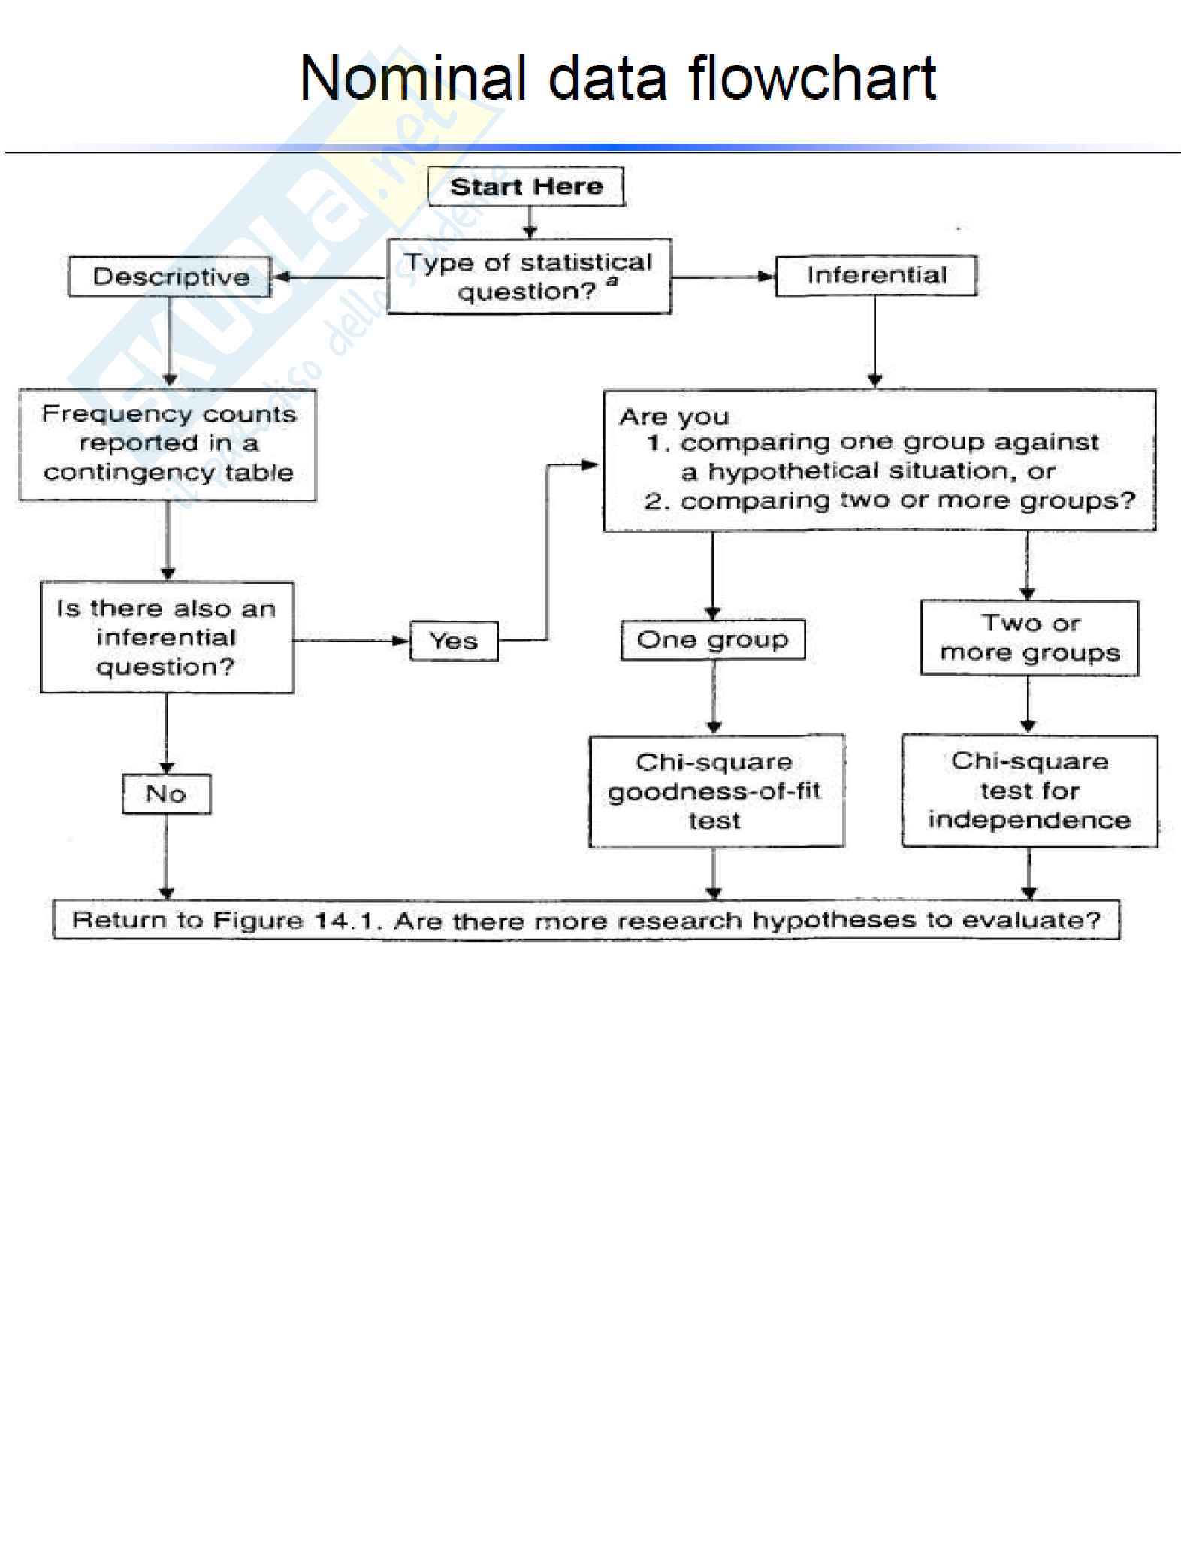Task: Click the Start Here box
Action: coord(526,186)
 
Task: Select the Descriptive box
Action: coord(171,277)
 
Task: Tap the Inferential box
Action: coord(876,275)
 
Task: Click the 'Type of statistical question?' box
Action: coord(529,277)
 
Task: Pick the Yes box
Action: coord(454,641)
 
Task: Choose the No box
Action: coord(166,794)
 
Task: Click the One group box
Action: coord(712,639)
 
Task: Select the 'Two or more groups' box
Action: coord(1029,638)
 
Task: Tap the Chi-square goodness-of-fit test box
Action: coord(716,791)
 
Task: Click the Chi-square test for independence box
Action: coord(1029,791)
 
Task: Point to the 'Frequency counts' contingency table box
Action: coord(168,444)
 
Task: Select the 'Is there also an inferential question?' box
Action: coord(167,637)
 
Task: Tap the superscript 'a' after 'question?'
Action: coord(612,282)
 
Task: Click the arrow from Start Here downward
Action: coord(530,223)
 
